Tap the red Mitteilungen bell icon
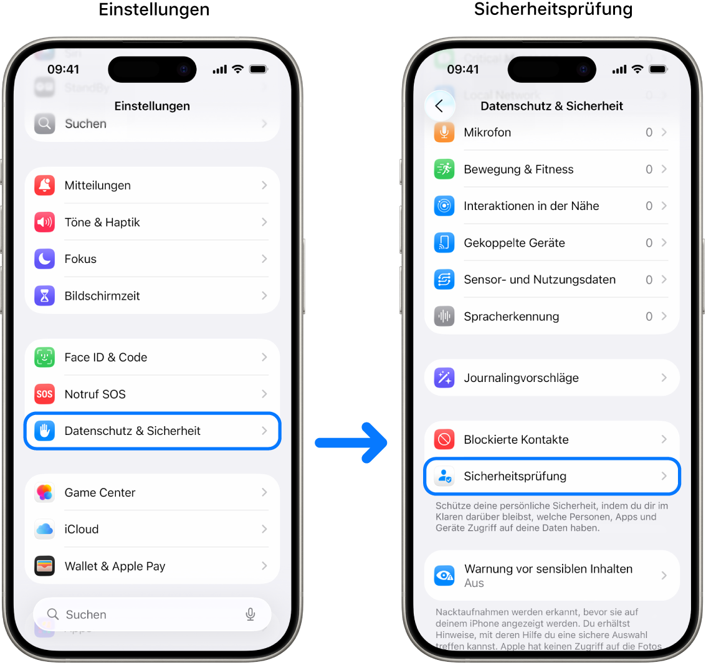pyautogui.click(x=45, y=185)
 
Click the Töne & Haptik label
pyautogui.click(x=102, y=222)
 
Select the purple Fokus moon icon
pyautogui.click(x=45, y=259)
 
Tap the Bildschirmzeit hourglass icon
pyautogui.click(x=45, y=295)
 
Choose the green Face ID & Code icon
pyautogui.click(x=45, y=357)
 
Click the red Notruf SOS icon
pyautogui.click(x=45, y=394)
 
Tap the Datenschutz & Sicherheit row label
pyautogui.click(x=133, y=431)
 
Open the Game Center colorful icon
pyautogui.click(x=45, y=492)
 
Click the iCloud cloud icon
pyautogui.click(x=45, y=529)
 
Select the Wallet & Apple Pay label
pyautogui.click(x=115, y=566)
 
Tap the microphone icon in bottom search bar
pyautogui.click(x=250, y=614)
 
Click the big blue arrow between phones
pyautogui.click(x=351, y=443)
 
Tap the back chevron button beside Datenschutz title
pyautogui.click(x=439, y=106)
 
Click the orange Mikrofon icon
pyautogui.click(x=444, y=132)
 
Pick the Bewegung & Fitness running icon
pyautogui.click(x=444, y=169)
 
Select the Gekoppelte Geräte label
pyautogui.click(x=514, y=242)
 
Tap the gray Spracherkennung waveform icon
pyautogui.click(x=444, y=316)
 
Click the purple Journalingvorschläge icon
pyautogui.click(x=444, y=378)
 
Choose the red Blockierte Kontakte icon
pyautogui.click(x=444, y=439)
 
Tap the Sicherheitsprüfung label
pyautogui.click(x=515, y=476)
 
